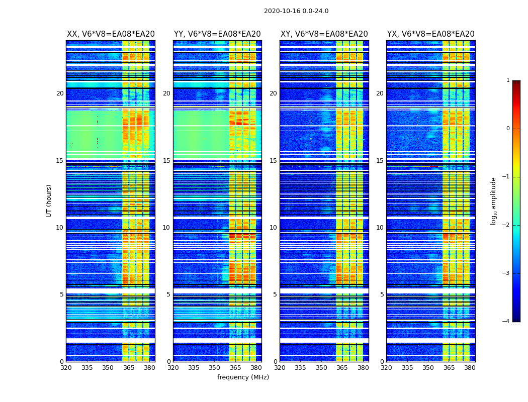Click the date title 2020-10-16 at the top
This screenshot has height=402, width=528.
pyautogui.click(x=296, y=11)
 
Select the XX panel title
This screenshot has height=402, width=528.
pyautogui.click(x=111, y=34)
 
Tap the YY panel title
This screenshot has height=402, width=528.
pyautogui.click(x=217, y=34)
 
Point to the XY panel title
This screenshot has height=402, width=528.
pyautogui.click(x=324, y=34)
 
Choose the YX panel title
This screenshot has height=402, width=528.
pyautogui.click(x=431, y=34)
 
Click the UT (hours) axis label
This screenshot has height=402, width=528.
pyautogui.click(x=49, y=200)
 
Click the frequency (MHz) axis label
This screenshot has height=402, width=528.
pyautogui.click(x=243, y=377)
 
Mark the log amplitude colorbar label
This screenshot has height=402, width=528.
pyautogui.click(x=494, y=200)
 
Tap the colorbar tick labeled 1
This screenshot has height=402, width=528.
pyautogui.click(x=508, y=80)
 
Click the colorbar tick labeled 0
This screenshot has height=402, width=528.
pyautogui.click(x=508, y=129)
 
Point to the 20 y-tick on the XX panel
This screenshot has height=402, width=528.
pyautogui.click(x=60, y=93)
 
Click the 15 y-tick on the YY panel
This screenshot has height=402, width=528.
pyautogui.click(x=166, y=161)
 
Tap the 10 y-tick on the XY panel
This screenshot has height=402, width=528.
pyautogui.click(x=273, y=228)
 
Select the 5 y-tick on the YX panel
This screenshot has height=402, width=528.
pyautogui.click(x=382, y=294)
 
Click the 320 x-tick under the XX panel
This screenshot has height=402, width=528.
pyautogui.click(x=66, y=367)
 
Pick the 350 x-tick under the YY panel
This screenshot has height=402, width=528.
pyautogui.click(x=215, y=367)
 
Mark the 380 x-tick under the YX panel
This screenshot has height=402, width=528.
pyautogui.click(x=470, y=367)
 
